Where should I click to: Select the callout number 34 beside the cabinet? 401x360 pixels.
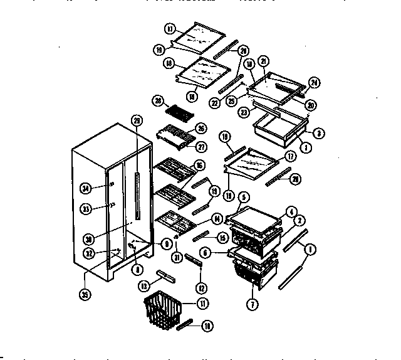pos(86,186)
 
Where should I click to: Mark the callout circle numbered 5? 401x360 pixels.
pos(242,196)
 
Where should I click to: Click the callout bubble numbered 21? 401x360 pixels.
pos(263,60)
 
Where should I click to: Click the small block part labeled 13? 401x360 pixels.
pos(166,275)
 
